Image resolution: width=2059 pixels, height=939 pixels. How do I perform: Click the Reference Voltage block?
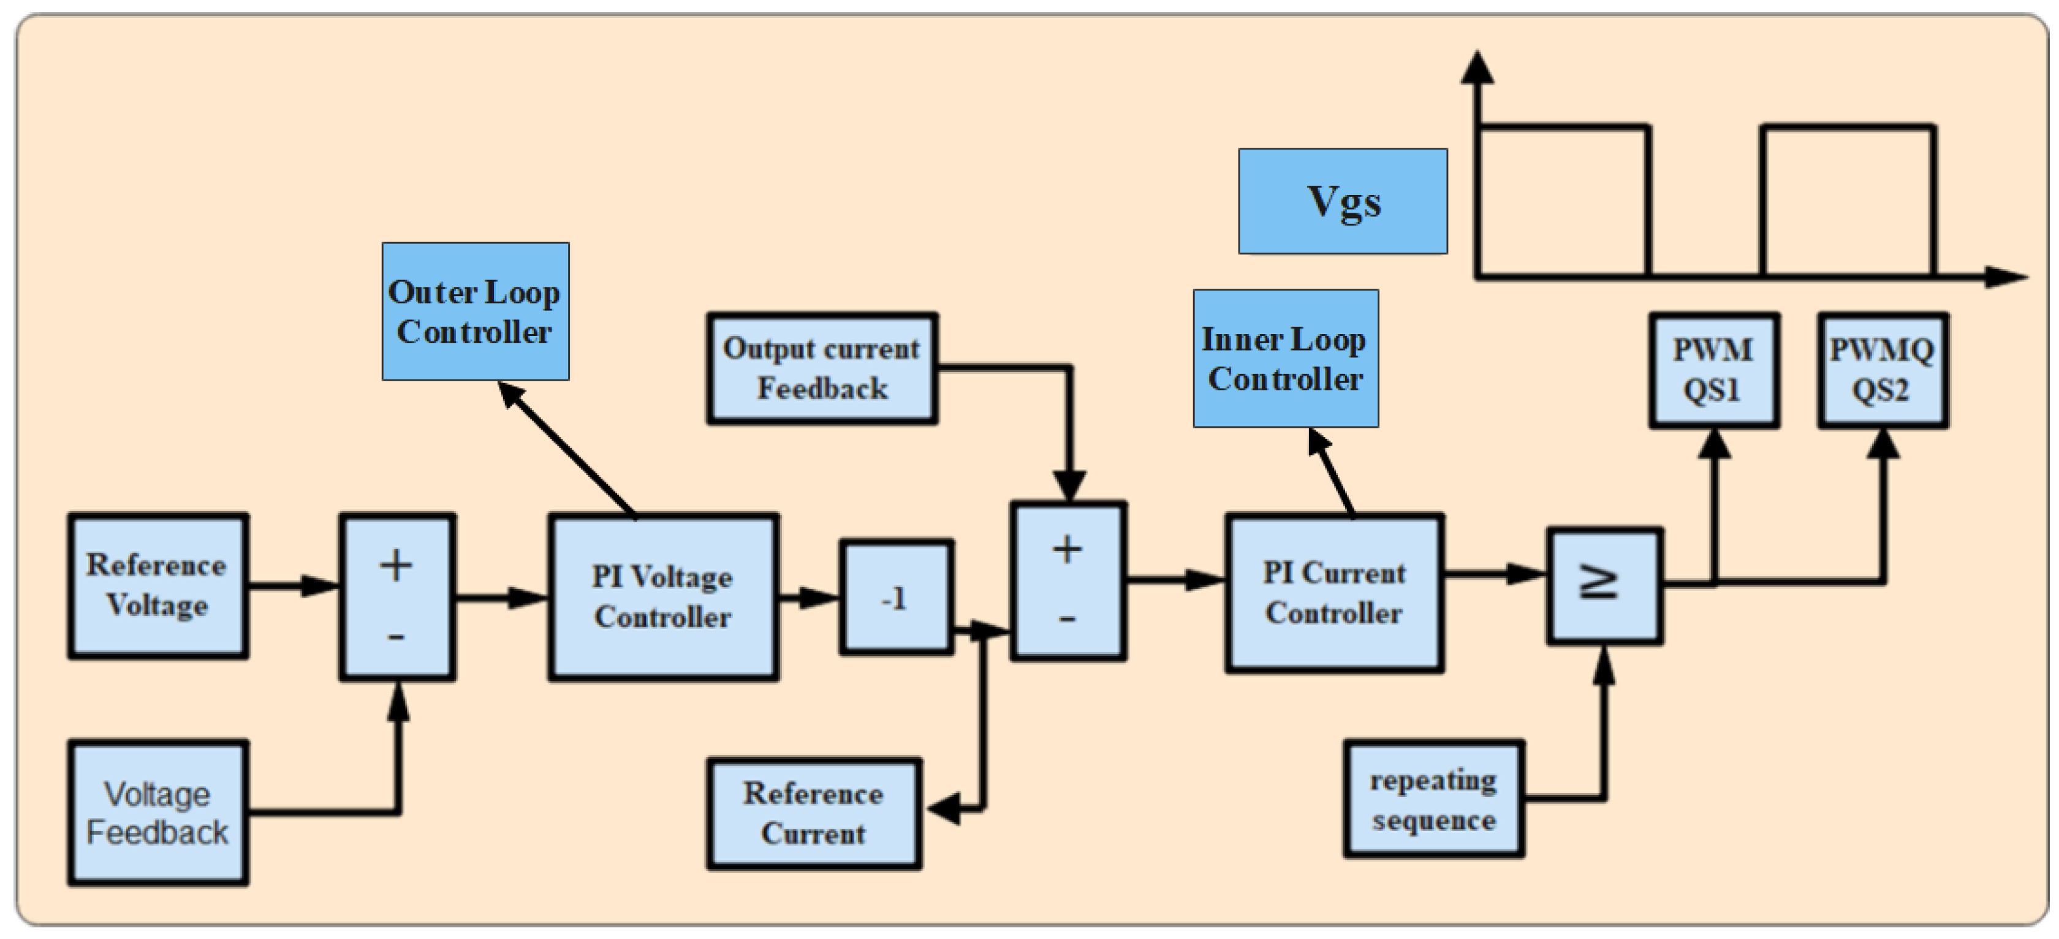tap(157, 586)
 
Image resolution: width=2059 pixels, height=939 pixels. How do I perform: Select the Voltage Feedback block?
tap(157, 813)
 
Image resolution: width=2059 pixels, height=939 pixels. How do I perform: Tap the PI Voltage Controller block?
tap(662, 597)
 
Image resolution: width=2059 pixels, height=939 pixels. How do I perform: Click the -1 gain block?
tap(895, 598)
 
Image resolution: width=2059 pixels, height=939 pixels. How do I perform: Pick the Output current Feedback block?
tap(822, 368)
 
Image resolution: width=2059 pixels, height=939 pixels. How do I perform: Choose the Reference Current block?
tap(814, 813)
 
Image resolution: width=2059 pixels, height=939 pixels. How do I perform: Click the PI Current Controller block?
tap(1334, 593)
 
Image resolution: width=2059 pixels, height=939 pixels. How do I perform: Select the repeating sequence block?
tap(1433, 799)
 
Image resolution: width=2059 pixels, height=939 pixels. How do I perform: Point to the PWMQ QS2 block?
tap(1883, 370)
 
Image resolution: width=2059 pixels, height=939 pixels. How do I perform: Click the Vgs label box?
tap(1342, 202)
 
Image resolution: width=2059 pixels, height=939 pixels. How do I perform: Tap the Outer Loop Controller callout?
tap(475, 311)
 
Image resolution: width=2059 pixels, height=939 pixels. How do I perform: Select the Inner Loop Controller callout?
tap(1284, 359)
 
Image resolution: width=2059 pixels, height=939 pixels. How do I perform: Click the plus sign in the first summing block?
tap(396, 565)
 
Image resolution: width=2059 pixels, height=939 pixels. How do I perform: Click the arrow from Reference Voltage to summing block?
tap(292, 586)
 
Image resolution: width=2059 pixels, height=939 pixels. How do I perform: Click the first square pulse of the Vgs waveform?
tap(1563, 200)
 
